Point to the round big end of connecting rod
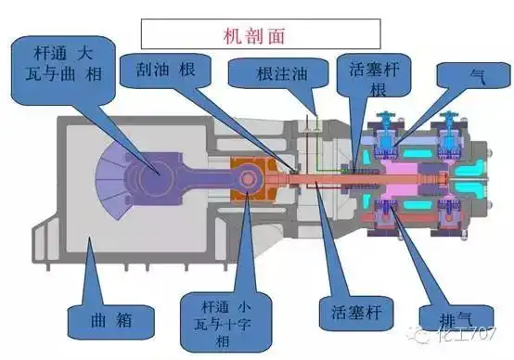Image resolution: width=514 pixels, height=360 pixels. pos(149,173)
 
